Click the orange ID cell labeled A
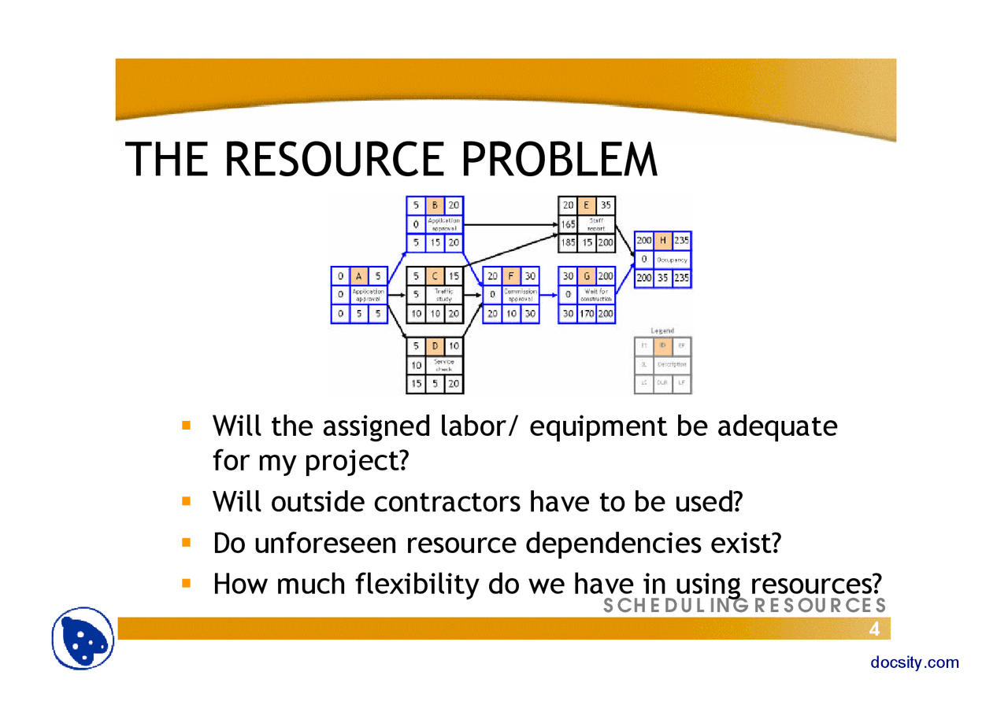pyautogui.click(x=358, y=276)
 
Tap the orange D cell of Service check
pyautogui.click(x=434, y=346)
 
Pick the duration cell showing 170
pyautogui.click(x=587, y=313)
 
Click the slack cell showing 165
pyautogui.click(x=567, y=224)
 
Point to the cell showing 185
pyautogui.click(x=567, y=243)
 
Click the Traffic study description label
pyautogui.click(x=443, y=295)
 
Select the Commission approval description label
pyautogui.click(x=520, y=295)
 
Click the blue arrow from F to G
pyautogui.click(x=548, y=295)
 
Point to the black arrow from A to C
pyautogui.click(x=396, y=295)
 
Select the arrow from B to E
pyautogui.click(x=510, y=224)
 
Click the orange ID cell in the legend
pyautogui.click(x=662, y=346)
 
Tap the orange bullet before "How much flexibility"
pyautogui.click(x=187, y=584)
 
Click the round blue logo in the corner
pyautogui.click(x=83, y=639)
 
